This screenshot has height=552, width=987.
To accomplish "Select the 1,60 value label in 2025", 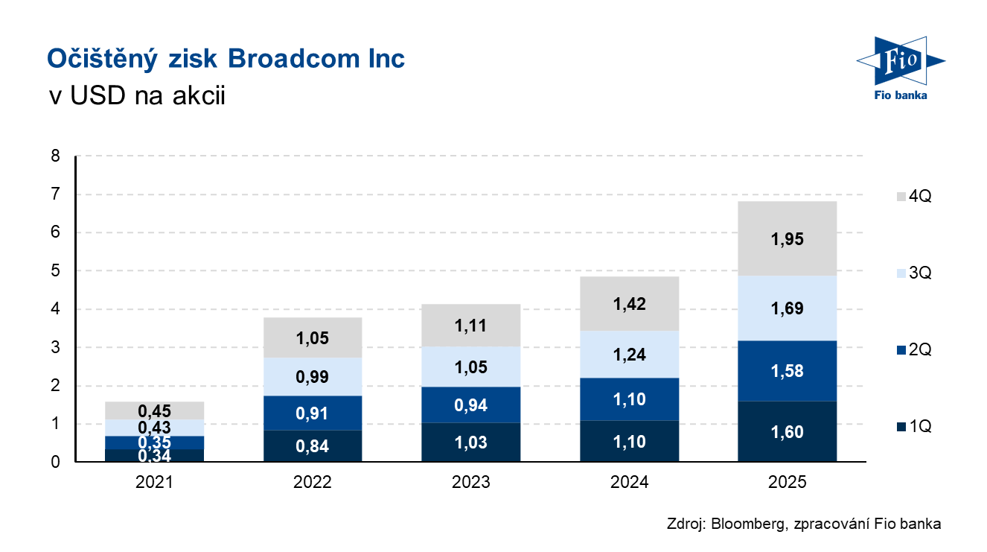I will click(788, 432).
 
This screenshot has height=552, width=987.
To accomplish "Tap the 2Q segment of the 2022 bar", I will click(313, 413).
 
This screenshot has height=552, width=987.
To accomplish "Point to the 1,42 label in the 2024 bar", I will click(629, 304).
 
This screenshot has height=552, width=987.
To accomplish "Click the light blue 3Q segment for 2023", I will click(471, 367).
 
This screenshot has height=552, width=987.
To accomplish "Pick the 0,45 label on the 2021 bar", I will click(154, 410).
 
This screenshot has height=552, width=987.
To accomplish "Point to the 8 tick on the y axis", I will click(55, 156).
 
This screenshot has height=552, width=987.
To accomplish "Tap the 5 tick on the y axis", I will click(55, 271).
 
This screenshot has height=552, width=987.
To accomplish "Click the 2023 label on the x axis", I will click(471, 482).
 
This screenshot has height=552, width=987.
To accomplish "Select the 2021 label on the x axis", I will click(154, 482).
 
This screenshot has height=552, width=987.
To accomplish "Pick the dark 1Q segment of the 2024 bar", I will click(629, 441).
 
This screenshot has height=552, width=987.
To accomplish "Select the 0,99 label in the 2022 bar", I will click(313, 377).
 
